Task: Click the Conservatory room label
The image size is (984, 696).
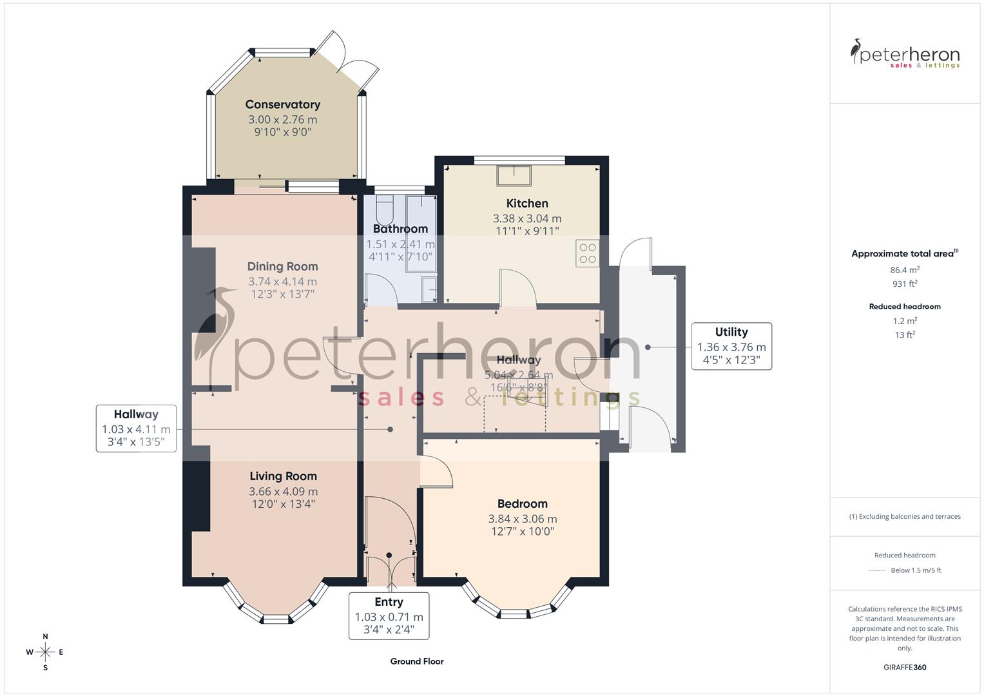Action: click(282, 104)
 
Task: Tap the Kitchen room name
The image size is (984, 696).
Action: click(527, 204)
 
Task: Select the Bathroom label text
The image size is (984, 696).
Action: click(400, 229)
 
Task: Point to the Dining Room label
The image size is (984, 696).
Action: click(282, 266)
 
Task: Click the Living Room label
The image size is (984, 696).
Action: click(283, 476)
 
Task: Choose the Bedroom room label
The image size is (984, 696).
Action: click(522, 504)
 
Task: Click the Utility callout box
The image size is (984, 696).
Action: click(731, 346)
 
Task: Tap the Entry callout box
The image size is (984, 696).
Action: click(389, 615)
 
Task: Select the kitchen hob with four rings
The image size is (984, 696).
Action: click(588, 253)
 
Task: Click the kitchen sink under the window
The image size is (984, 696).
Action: click(514, 175)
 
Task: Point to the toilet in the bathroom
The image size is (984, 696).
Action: click(385, 208)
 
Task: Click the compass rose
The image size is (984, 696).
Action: click(45, 652)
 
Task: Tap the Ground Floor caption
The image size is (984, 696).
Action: click(417, 661)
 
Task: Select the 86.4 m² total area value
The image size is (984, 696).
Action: click(905, 270)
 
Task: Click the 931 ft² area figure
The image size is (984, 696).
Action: click(905, 284)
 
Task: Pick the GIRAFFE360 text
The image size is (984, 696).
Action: click(905, 667)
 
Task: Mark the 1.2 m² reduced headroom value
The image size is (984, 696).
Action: click(905, 321)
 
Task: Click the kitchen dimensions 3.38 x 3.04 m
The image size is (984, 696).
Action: click(527, 218)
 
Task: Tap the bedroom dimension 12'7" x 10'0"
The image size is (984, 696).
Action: click(522, 532)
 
